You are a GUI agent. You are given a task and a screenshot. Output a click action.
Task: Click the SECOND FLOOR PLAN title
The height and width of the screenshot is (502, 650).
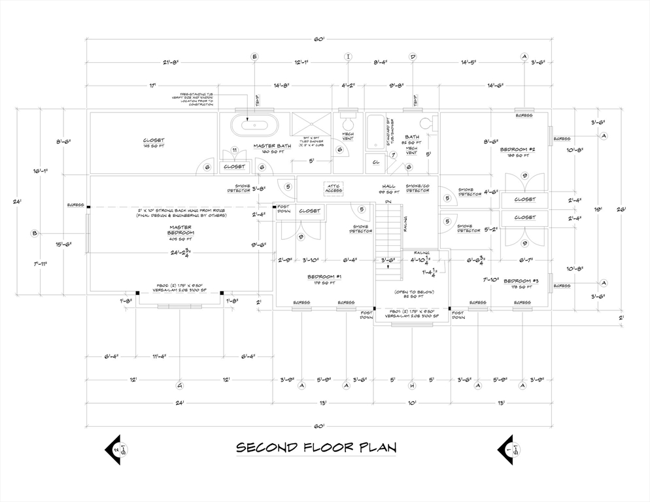click(316, 448)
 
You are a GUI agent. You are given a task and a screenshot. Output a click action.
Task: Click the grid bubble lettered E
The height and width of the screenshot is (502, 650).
click(255, 57)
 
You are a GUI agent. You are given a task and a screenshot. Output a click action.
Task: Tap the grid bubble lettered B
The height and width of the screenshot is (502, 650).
click(35, 233)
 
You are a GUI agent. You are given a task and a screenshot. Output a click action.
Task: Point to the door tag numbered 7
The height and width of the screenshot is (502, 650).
click(393, 155)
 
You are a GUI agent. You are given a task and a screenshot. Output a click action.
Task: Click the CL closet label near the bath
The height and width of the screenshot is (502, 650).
click(376, 161)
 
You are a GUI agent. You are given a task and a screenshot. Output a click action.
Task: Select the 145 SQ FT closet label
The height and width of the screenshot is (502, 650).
click(154, 143)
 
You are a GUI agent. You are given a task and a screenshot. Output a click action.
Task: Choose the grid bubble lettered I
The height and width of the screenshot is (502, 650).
click(348, 57)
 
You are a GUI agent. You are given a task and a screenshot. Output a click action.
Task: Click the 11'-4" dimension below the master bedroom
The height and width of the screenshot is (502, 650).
click(159, 357)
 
